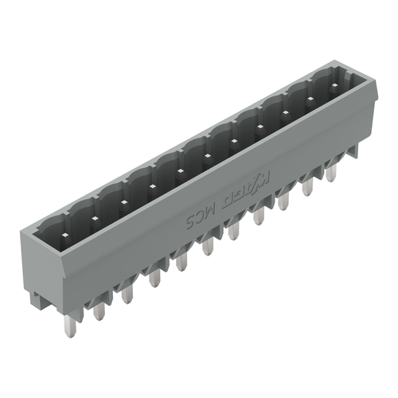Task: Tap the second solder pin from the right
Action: pyautogui.click(x=308, y=184)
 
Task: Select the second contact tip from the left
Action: pyautogui.click(x=96, y=214)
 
